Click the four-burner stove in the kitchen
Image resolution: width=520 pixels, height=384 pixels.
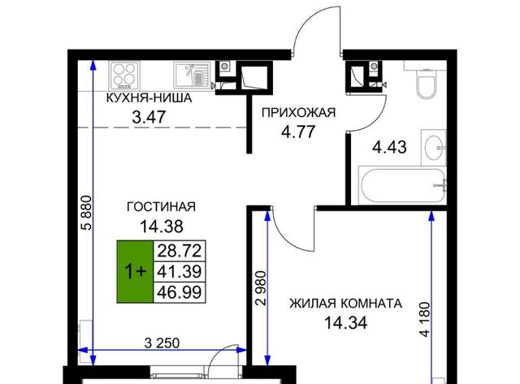tap(124, 76)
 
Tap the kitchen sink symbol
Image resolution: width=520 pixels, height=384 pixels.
tap(192, 76)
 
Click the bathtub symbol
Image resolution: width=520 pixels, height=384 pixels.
tap(403, 186)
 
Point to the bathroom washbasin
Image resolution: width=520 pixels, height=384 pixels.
tap(434, 148)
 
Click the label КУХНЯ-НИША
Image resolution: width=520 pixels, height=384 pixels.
tap(149, 98)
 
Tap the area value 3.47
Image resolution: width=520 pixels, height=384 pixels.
tap(149, 117)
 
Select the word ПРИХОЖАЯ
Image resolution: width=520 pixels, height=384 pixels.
tap(298, 113)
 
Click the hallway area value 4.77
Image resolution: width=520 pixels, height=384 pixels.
tap(298, 132)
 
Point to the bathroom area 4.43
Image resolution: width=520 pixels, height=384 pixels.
tap(389, 147)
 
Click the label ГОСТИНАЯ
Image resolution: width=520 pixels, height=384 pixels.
tap(161, 207)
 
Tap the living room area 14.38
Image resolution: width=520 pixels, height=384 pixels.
tap(162, 227)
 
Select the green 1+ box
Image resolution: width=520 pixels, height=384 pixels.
tap(135, 272)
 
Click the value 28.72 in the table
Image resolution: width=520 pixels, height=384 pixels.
tap(180, 251)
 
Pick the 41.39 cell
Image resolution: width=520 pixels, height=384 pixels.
tap(180, 272)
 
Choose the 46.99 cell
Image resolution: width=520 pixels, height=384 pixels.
tap(180, 292)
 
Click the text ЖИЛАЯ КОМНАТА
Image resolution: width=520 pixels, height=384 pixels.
tap(345, 303)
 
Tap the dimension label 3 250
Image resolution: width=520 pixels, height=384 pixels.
tap(162, 343)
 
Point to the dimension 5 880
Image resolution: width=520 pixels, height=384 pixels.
tap(87, 213)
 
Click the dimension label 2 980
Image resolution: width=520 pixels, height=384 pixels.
tap(261, 288)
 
